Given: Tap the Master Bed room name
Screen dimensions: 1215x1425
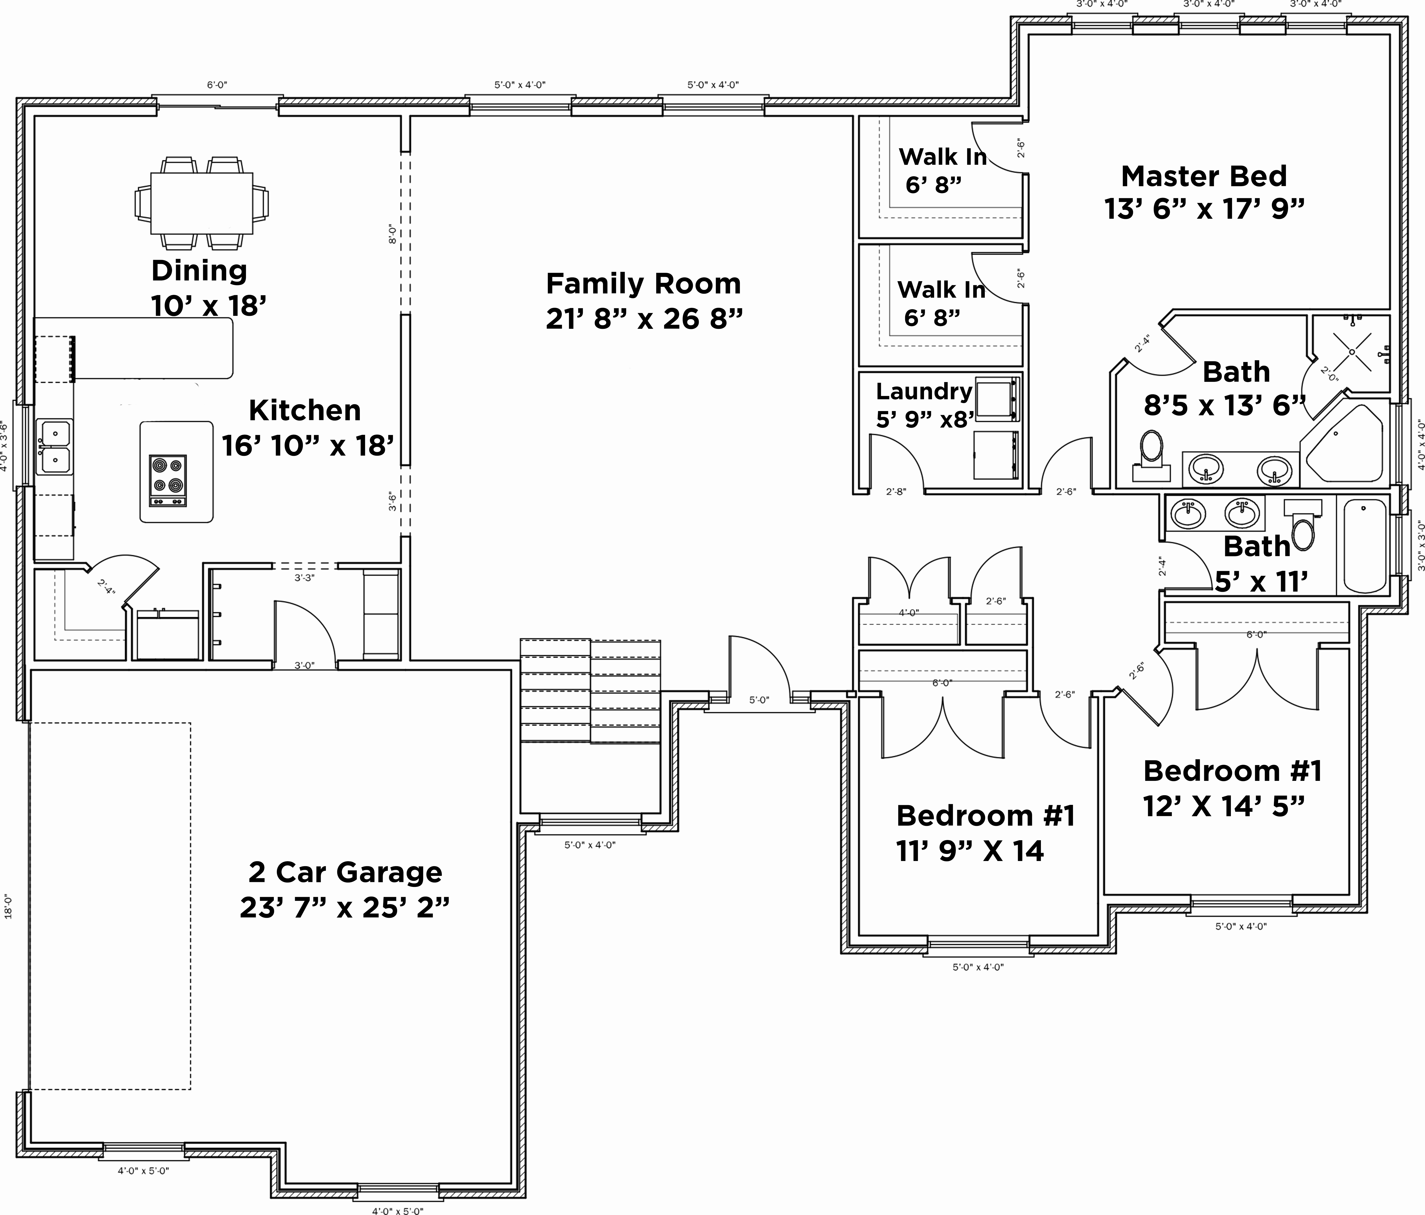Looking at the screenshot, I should pyautogui.click(x=1203, y=176).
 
